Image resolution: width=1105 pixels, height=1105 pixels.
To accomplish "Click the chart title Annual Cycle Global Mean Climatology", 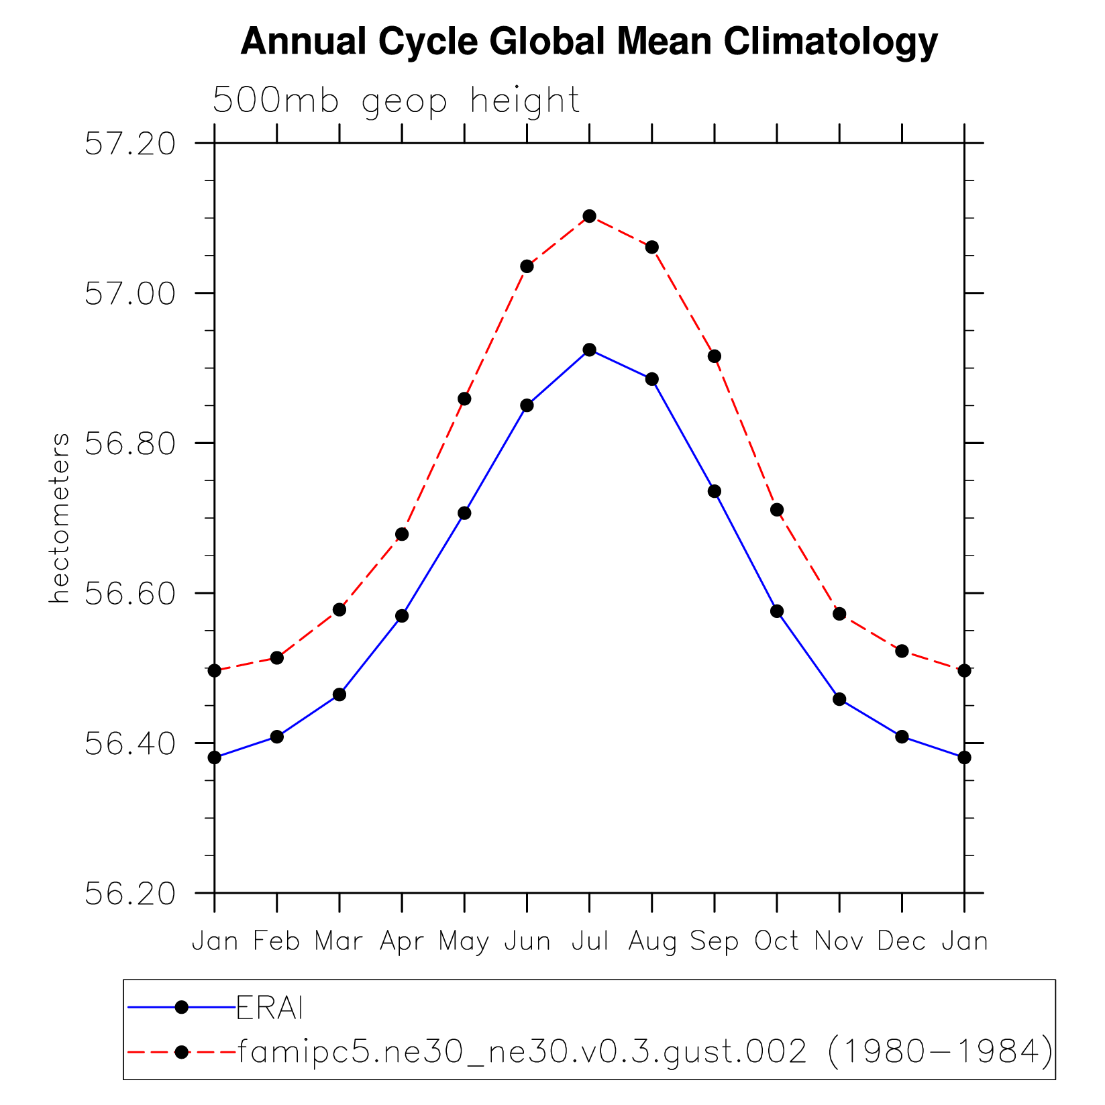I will pyautogui.click(x=588, y=42).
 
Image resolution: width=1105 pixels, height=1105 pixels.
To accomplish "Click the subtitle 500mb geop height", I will pyautogui.click(x=396, y=101).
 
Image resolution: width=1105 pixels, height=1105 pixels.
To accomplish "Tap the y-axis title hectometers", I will pyautogui.click(x=59, y=518).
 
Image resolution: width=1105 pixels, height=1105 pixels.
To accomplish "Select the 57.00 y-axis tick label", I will pyautogui.click(x=130, y=294).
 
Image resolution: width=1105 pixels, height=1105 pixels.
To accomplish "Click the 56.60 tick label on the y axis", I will pyautogui.click(x=130, y=594).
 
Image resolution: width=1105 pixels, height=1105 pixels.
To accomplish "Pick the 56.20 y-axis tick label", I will pyautogui.click(x=130, y=894).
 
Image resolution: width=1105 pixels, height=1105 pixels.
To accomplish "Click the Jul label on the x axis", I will pyautogui.click(x=590, y=941).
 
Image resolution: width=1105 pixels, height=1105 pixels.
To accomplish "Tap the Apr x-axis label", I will pyautogui.click(x=402, y=942).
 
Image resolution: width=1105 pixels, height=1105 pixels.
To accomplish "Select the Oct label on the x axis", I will pyautogui.click(x=777, y=941).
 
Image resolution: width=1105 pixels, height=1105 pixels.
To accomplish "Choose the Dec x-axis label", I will pyautogui.click(x=902, y=941).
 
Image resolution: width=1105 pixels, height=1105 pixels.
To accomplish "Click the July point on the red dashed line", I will pyautogui.click(x=590, y=216).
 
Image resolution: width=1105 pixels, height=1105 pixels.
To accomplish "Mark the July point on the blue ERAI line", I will pyautogui.click(x=590, y=350).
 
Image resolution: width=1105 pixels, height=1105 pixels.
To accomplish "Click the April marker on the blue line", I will pyautogui.click(x=402, y=616).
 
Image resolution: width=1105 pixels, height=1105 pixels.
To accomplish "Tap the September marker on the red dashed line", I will pyautogui.click(x=715, y=356).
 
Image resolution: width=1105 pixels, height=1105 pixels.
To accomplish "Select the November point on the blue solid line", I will pyautogui.click(x=839, y=699).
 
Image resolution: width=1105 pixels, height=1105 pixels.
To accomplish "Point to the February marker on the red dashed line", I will pyautogui.click(x=277, y=658).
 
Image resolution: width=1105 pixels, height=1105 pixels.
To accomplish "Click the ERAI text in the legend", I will pyautogui.click(x=270, y=1008).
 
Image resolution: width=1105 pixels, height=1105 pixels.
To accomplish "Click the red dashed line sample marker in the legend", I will pyautogui.click(x=181, y=1052).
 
